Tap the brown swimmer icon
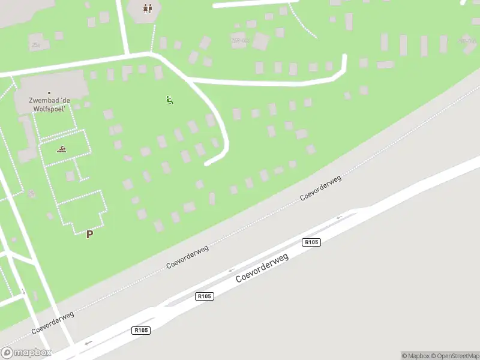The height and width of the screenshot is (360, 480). (x=61, y=149)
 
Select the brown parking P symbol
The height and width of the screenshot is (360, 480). (x=90, y=234)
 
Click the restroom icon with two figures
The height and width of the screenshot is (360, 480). (x=148, y=8)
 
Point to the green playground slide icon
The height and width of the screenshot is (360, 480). (x=170, y=100)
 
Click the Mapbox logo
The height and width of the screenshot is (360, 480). (x=26, y=353)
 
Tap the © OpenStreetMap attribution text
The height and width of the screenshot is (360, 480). (x=454, y=356)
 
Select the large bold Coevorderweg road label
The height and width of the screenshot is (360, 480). (x=262, y=268)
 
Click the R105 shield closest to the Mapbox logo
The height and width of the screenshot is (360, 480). (x=141, y=330)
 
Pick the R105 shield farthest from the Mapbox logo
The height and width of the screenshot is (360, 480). (x=311, y=242)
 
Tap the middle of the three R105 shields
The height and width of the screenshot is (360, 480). (x=205, y=296)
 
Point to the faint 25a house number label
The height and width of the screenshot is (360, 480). (x=35, y=44)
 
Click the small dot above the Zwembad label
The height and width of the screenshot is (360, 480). (x=49, y=93)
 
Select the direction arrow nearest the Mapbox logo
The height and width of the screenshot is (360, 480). (x=89, y=343)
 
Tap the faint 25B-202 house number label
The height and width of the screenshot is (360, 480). (x=240, y=41)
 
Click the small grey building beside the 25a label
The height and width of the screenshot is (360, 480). (x=58, y=36)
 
